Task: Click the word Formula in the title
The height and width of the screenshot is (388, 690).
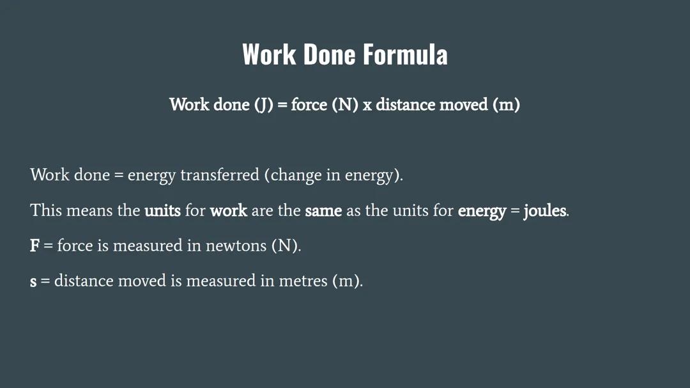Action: pyautogui.click(x=405, y=54)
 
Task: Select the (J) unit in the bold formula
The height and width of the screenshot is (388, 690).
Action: pyautogui.click(x=264, y=104)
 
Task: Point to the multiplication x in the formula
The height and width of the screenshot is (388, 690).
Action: pyautogui.click(x=367, y=105)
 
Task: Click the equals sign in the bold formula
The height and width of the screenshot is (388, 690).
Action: pyautogui.click(x=282, y=105)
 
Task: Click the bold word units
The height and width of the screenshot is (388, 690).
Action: pyautogui.click(x=162, y=210)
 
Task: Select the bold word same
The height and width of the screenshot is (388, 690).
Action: pyautogui.click(x=323, y=210)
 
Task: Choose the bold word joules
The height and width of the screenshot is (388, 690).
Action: pyautogui.click(x=544, y=210)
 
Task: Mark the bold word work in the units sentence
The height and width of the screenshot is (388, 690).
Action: pyautogui.click(x=228, y=210)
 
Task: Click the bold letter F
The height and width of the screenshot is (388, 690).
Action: pyautogui.click(x=34, y=245)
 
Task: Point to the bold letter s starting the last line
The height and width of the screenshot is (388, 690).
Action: pyautogui.click(x=33, y=281)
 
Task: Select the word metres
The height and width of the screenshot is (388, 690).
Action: pyautogui.click(x=303, y=281)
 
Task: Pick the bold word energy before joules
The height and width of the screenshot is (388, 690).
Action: pyautogui.click(x=482, y=210)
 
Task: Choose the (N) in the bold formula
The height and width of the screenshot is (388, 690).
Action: pyautogui.click(x=344, y=104)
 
